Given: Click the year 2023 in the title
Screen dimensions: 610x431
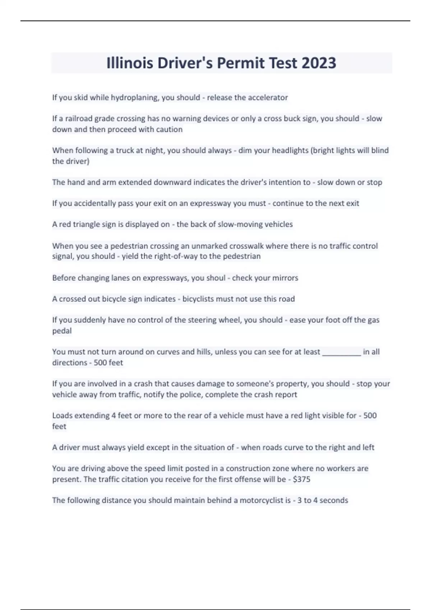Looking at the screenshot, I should coord(319,63).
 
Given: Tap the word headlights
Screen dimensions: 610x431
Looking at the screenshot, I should coord(289,150).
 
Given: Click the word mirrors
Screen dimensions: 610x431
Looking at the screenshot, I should coord(285,278).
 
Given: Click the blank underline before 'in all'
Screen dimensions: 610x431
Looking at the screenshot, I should coord(342,352).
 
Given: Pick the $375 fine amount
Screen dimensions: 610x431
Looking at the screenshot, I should coord(302,479).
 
